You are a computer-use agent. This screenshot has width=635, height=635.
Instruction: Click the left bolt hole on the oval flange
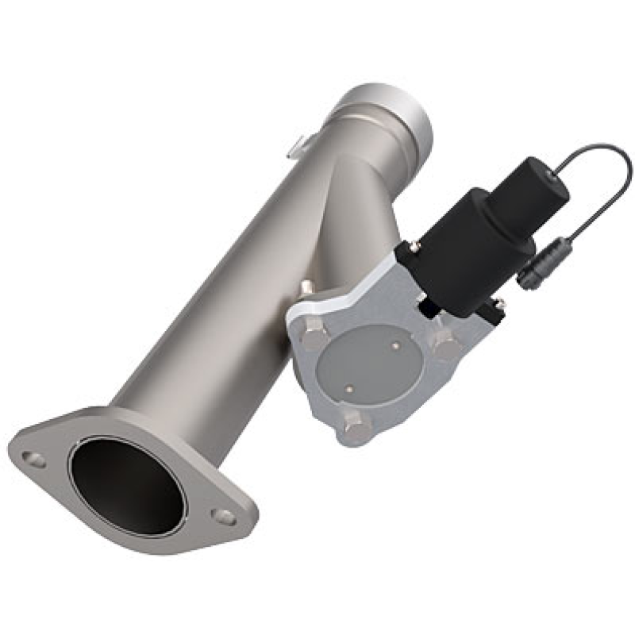click(33, 459)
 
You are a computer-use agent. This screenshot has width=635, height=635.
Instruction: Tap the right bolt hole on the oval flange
click(225, 517)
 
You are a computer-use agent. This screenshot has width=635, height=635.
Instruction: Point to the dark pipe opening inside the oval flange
click(127, 484)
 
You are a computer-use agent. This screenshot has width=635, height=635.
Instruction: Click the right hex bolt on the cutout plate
click(445, 344)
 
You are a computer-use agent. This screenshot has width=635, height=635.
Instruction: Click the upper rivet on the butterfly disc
click(395, 345)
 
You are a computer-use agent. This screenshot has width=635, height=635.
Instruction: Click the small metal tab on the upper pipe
click(295, 146)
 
